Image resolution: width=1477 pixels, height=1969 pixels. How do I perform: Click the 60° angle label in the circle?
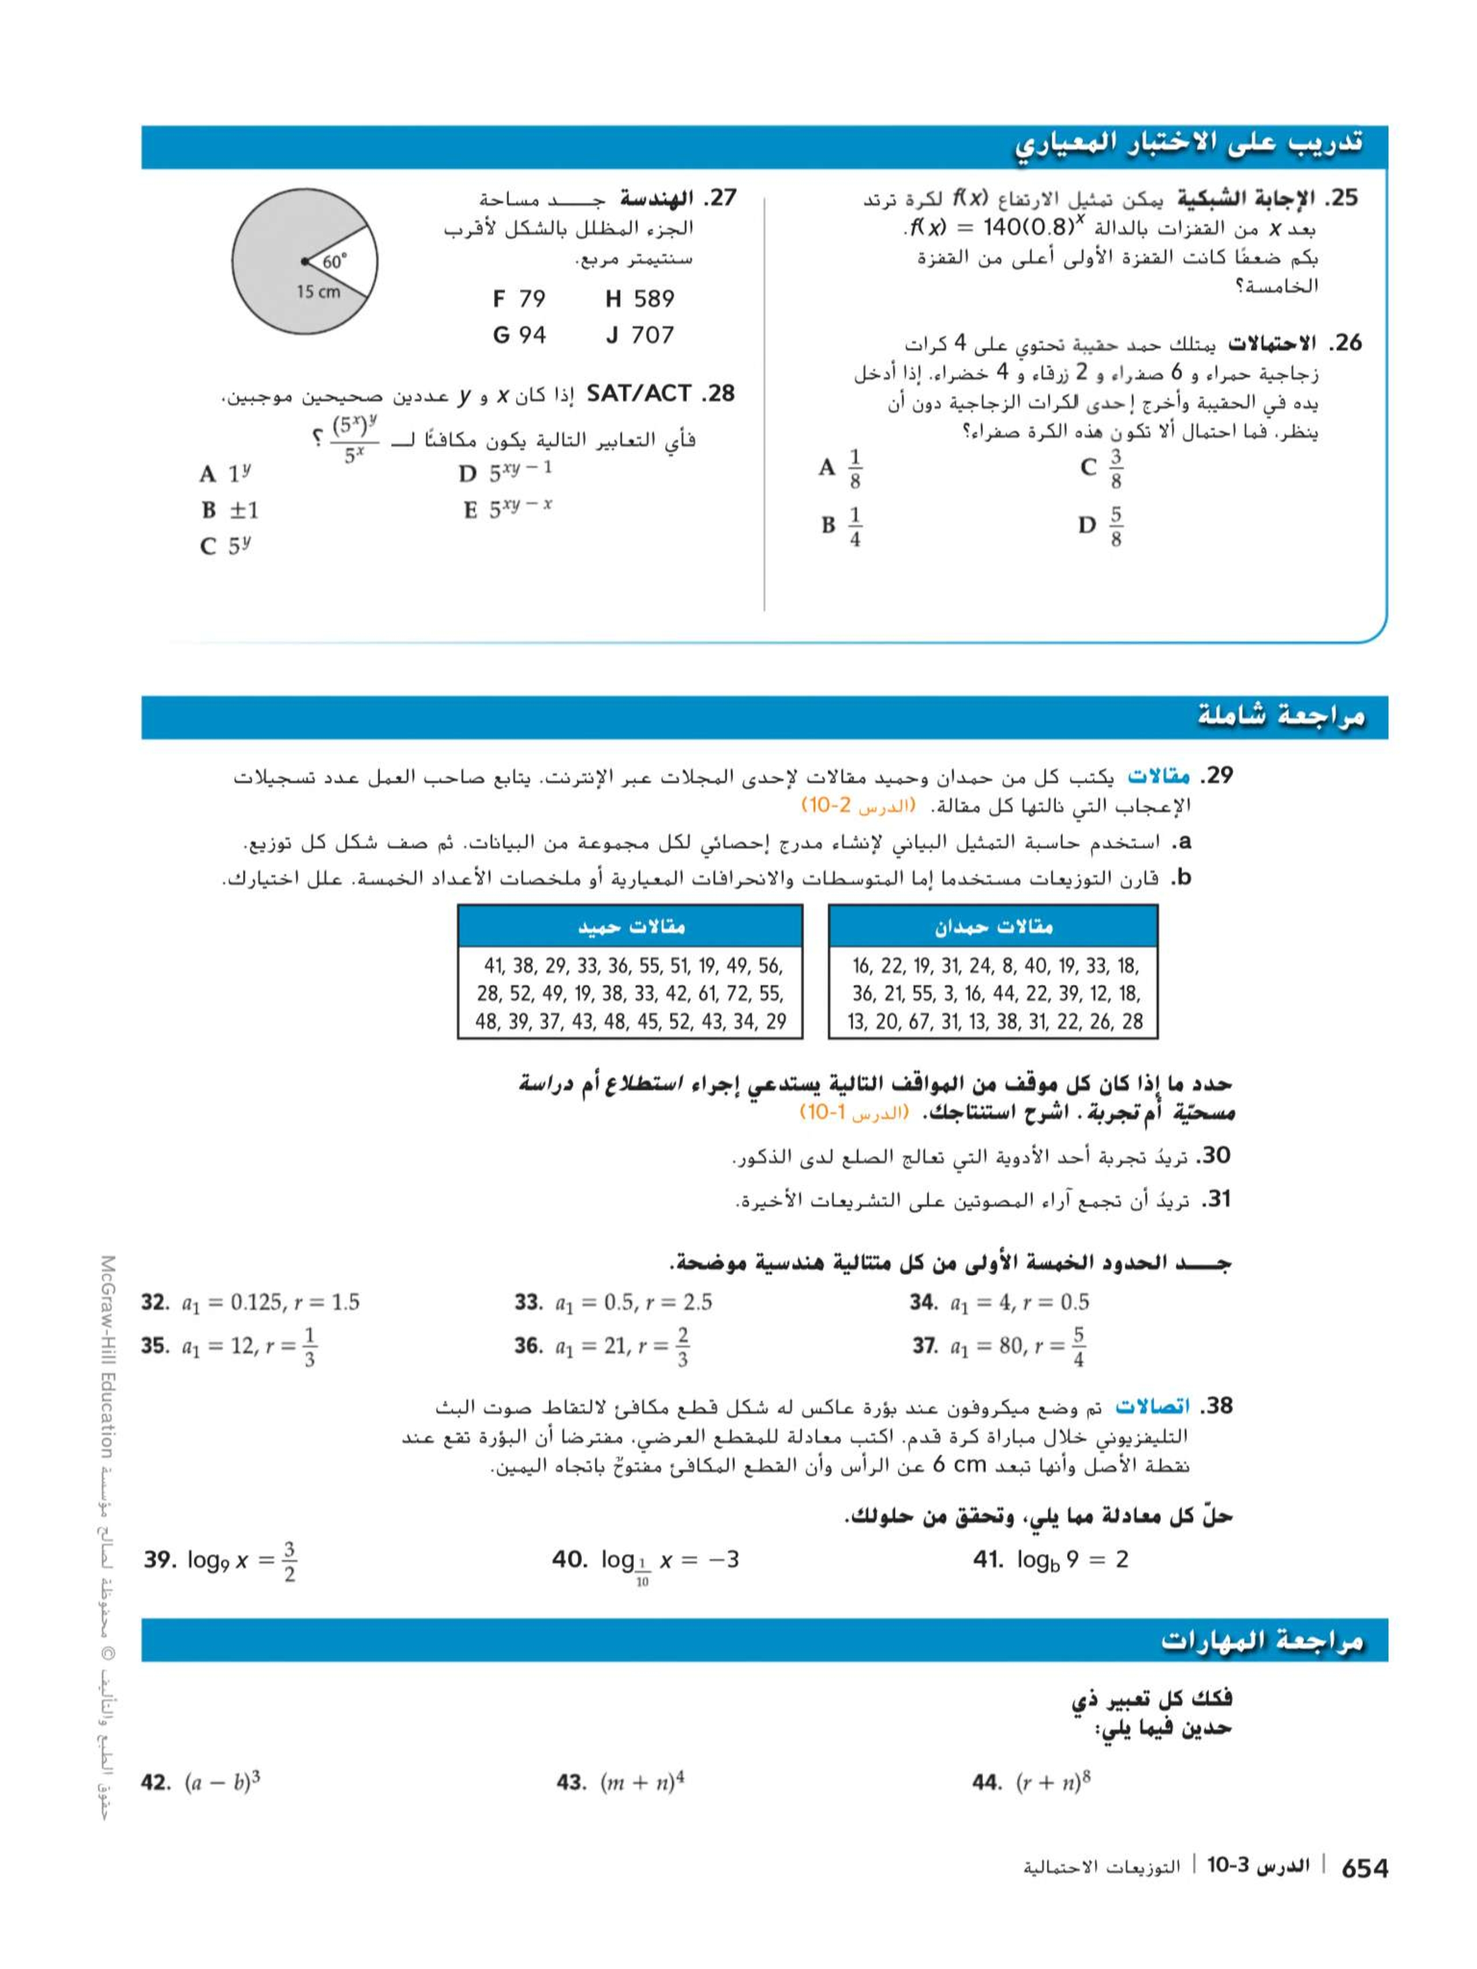click(x=335, y=262)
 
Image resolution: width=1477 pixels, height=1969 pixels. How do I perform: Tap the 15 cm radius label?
click(x=318, y=292)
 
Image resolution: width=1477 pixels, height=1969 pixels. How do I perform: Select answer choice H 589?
click(x=639, y=299)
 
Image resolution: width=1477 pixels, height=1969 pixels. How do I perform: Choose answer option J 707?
click(x=639, y=336)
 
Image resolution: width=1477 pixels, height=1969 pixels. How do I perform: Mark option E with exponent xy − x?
click(x=508, y=509)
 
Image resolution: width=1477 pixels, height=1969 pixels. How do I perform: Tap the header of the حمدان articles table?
click(x=993, y=927)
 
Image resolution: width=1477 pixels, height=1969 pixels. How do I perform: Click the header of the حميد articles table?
click(x=631, y=927)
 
